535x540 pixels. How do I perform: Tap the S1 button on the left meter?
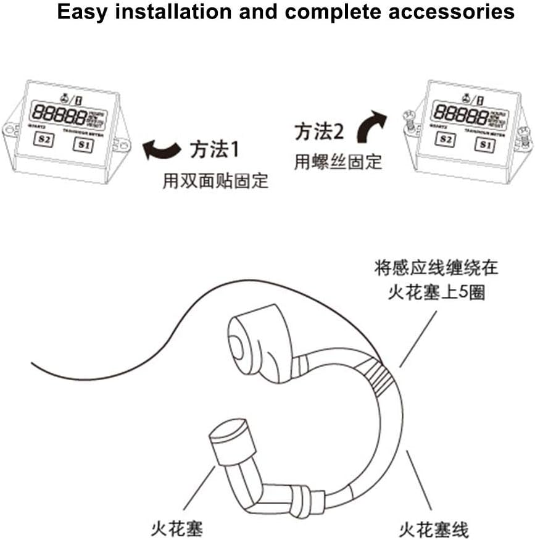point(85,146)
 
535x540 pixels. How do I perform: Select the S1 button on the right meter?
point(485,146)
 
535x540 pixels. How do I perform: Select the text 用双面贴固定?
point(215,181)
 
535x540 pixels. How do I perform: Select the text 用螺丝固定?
point(338,162)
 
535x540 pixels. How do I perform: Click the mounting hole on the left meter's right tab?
point(123,146)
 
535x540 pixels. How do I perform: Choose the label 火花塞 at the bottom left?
point(176,529)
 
